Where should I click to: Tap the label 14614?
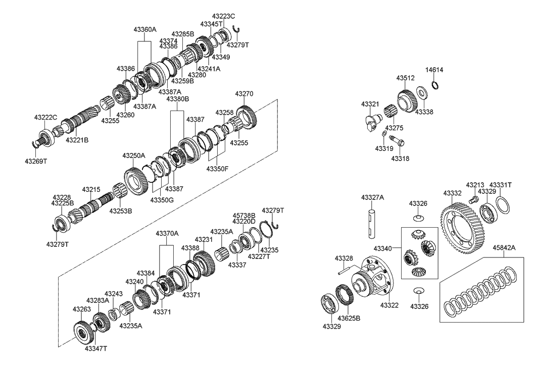pos(434,70)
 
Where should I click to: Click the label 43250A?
pos(133,155)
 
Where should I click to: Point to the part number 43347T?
pos(95,348)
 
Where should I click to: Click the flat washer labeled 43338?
pos(420,94)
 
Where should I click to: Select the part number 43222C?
pos(45,117)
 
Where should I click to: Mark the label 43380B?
pos(177,99)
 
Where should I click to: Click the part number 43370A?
pos(167,233)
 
